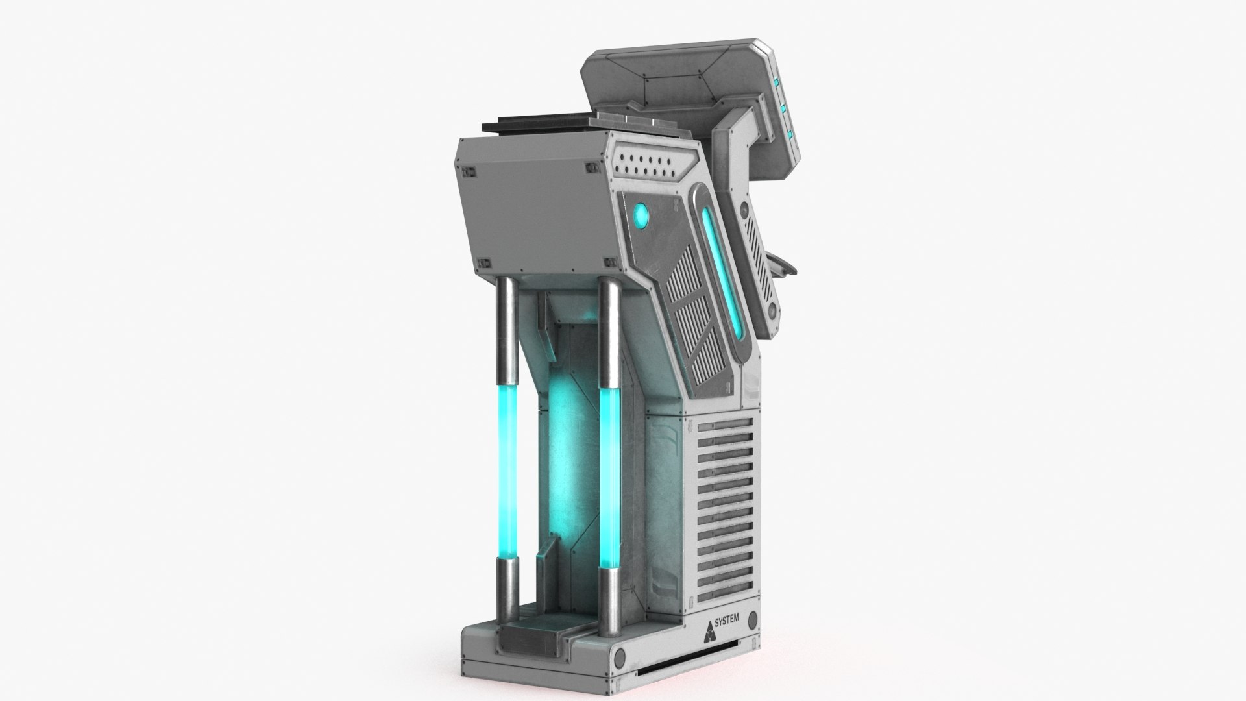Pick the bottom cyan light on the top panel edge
(790, 134)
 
